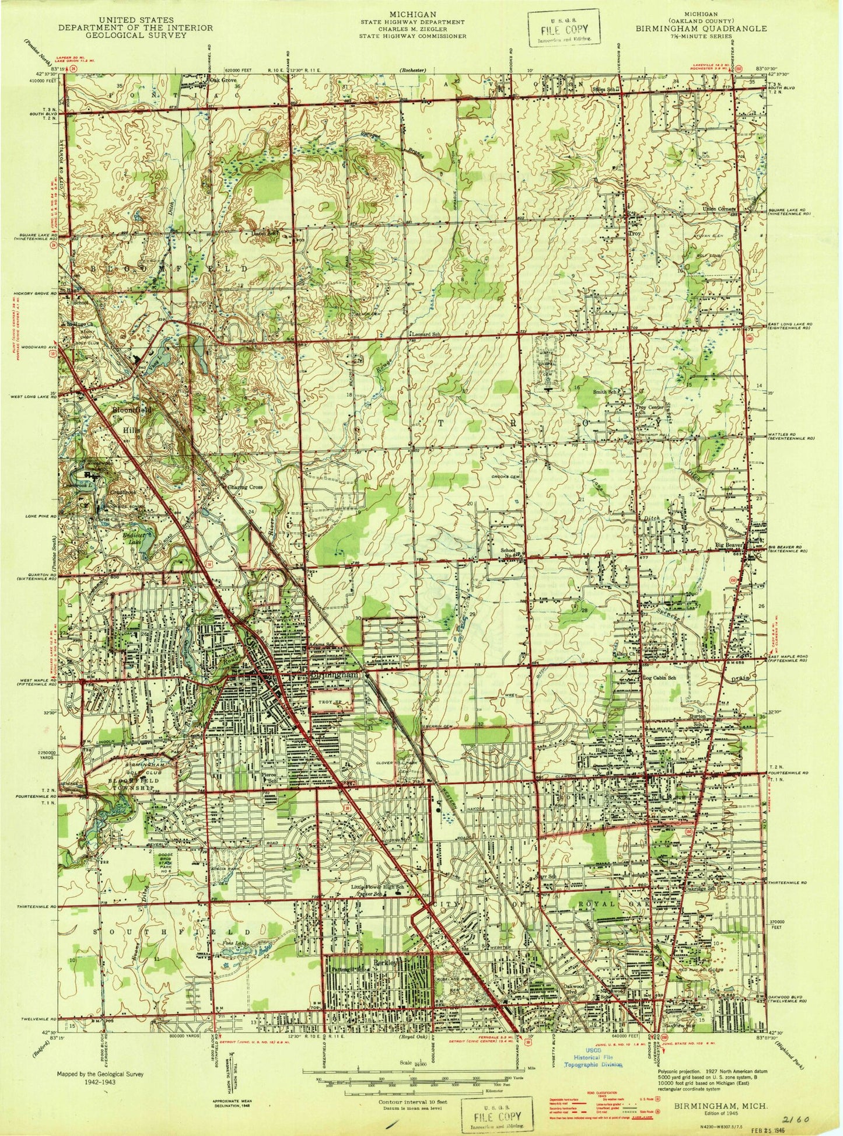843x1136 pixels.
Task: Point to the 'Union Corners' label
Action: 720,208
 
